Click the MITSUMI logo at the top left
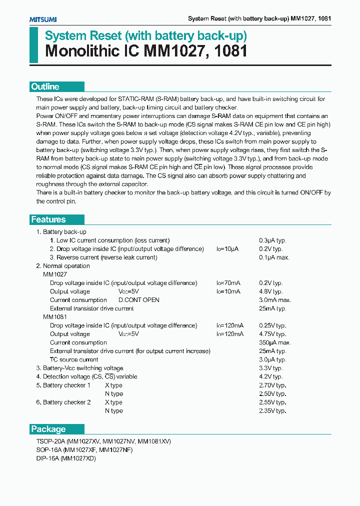tap(43, 19)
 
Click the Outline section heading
tap(45, 86)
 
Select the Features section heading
tap(48, 219)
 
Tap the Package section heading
tap(48, 429)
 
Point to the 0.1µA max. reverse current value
tap(274, 257)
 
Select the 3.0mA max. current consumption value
tap(275, 300)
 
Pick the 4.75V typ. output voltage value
tap(272, 334)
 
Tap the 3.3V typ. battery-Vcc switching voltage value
tap(271, 368)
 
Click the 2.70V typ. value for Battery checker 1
tap(272, 385)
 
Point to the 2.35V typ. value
tap(272, 411)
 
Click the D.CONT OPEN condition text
tap(138, 300)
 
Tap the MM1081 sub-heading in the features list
tap(54, 317)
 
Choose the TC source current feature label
tap(74, 359)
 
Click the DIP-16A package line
tap(65, 458)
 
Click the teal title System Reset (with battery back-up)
tap(146, 36)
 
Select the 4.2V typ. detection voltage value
tap(271, 376)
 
